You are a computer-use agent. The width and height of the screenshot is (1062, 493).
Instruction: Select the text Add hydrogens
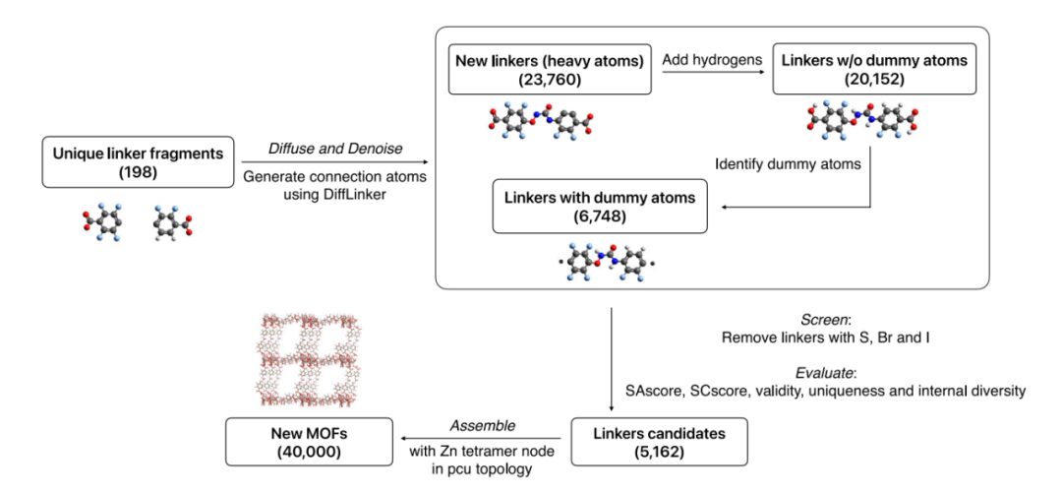pyautogui.click(x=711, y=60)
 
